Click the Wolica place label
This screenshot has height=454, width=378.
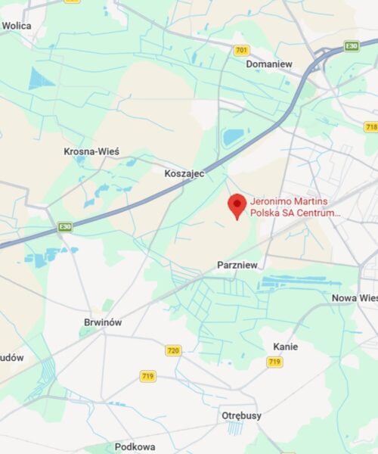(x=16, y=25)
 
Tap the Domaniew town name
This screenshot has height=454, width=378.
(x=269, y=64)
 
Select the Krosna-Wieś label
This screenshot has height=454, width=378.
(x=91, y=151)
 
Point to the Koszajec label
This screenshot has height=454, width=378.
(x=184, y=173)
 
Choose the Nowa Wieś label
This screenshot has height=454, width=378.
(x=354, y=298)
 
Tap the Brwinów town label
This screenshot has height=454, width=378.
(x=103, y=322)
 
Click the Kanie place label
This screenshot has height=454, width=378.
(x=285, y=347)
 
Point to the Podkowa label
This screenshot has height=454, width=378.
(x=135, y=447)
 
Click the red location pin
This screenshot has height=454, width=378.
(x=237, y=205)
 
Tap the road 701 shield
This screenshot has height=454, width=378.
(x=241, y=50)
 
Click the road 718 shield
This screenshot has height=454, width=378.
(x=371, y=126)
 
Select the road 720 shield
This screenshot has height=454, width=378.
(x=174, y=350)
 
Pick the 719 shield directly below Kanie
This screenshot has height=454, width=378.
(x=274, y=362)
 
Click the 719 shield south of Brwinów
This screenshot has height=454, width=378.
(x=147, y=375)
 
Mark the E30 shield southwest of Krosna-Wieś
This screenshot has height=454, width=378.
(x=66, y=226)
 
